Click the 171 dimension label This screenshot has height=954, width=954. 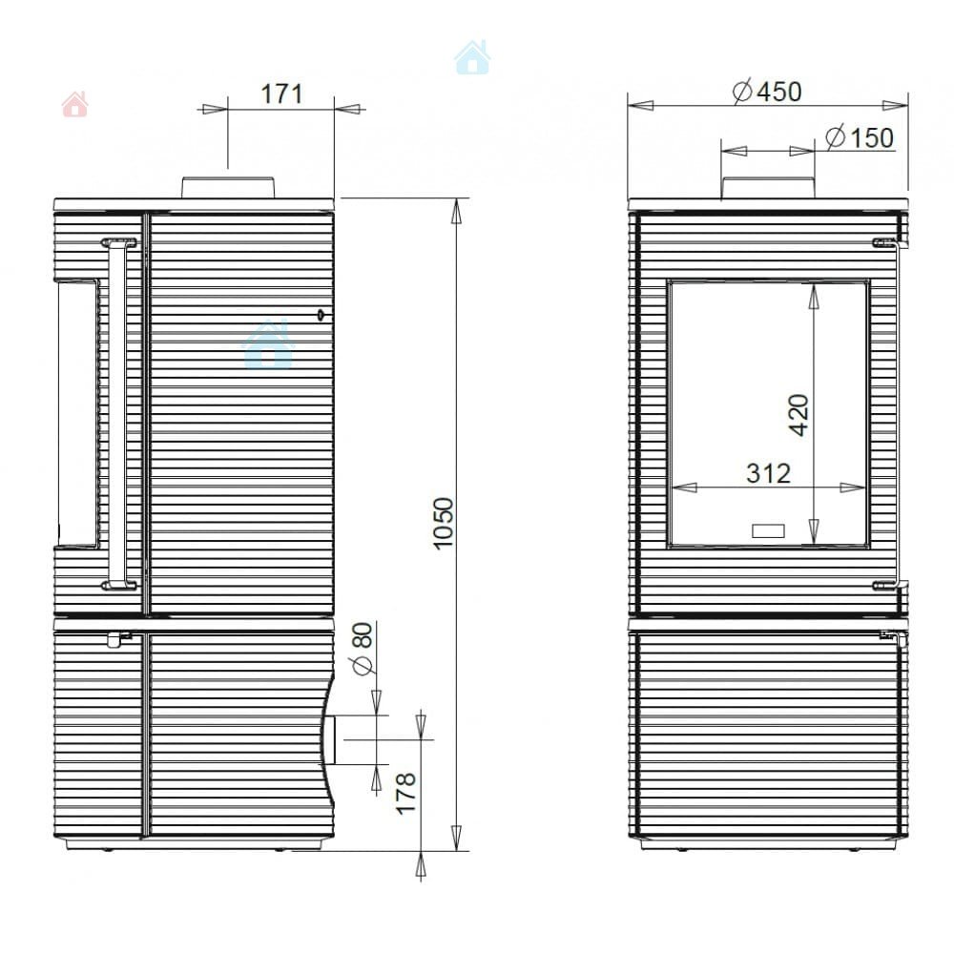tap(281, 94)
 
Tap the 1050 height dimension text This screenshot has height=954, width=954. tap(444, 524)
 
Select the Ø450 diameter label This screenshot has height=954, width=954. tap(767, 92)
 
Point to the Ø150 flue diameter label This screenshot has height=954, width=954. tap(860, 137)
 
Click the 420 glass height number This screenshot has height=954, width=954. tap(798, 415)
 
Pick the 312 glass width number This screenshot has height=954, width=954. tap(768, 473)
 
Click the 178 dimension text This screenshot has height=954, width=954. tap(405, 794)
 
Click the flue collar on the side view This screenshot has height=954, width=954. tap(228, 187)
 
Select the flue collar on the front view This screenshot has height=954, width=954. tap(768, 187)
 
